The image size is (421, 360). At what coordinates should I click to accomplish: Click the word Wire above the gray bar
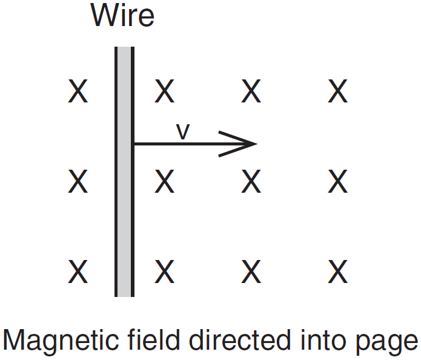122,16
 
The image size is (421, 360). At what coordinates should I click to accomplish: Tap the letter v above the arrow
182,132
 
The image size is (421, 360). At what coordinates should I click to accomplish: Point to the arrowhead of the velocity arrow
242,144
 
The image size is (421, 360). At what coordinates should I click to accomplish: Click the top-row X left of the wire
78,92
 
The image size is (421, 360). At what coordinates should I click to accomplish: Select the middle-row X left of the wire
78,181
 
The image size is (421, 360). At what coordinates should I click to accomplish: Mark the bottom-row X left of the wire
78,272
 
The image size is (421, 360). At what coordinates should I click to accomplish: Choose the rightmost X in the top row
337,92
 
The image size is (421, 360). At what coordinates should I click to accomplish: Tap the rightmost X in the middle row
337,181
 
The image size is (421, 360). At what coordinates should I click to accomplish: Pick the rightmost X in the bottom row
337,272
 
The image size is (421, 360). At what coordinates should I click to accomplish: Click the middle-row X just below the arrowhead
251,181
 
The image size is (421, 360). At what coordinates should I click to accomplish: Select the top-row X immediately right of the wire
164,92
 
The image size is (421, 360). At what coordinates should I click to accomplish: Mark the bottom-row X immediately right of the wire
164,272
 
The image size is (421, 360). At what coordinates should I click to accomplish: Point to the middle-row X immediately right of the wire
164,181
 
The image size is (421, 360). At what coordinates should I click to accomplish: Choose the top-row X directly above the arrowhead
251,92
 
